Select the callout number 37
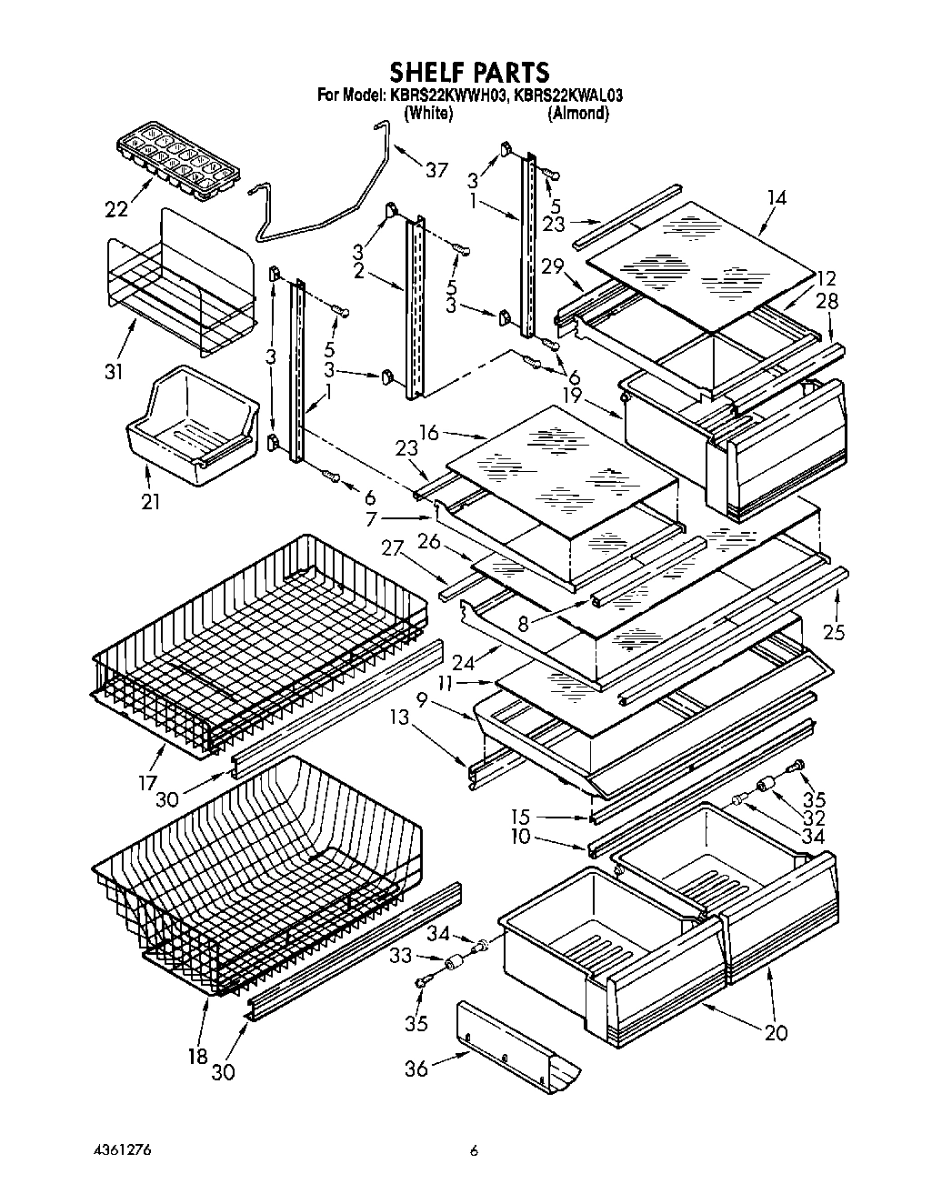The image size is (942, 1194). [x=436, y=170]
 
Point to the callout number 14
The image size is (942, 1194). [x=777, y=197]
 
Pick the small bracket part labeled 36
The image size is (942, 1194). [x=518, y=1046]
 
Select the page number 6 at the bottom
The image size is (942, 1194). [x=474, y=1149]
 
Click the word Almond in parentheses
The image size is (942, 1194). [x=577, y=114]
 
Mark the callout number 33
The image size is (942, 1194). [x=401, y=956]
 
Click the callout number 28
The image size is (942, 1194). [x=827, y=301]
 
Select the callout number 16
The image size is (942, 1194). [x=428, y=433]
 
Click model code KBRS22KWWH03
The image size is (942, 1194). [x=445, y=94]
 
